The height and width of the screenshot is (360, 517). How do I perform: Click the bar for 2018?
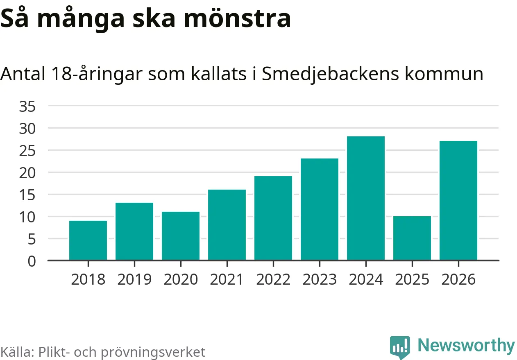[88, 240]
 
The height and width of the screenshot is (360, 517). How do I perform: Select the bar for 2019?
[134, 231]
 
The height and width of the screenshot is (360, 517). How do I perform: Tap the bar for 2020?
[181, 236]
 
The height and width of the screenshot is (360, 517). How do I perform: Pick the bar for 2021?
[227, 225]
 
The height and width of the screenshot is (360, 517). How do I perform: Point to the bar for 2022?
[273, 218]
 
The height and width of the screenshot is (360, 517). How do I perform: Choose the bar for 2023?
[320, 209]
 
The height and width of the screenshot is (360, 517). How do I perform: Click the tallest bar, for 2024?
[366, 198]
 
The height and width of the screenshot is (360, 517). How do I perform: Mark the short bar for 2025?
[412, 238]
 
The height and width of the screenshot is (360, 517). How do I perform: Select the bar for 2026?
[458, 201]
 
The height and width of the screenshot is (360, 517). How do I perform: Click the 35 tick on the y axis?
[27, 106]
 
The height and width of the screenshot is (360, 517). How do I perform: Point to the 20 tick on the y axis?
[27, 172]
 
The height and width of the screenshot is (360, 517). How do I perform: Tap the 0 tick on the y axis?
[32, 261]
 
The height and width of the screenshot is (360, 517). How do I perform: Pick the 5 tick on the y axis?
[32, 239]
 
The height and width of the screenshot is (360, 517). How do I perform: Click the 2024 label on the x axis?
[366, 280]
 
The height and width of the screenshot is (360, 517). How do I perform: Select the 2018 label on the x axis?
[88, 280]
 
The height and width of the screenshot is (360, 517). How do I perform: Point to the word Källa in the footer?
[17, 352]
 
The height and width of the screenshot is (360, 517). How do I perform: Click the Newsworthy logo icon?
[400, 347]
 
